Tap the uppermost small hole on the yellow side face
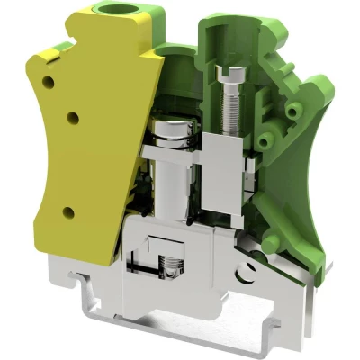[50, 82]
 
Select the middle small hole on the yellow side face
[73, 116]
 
